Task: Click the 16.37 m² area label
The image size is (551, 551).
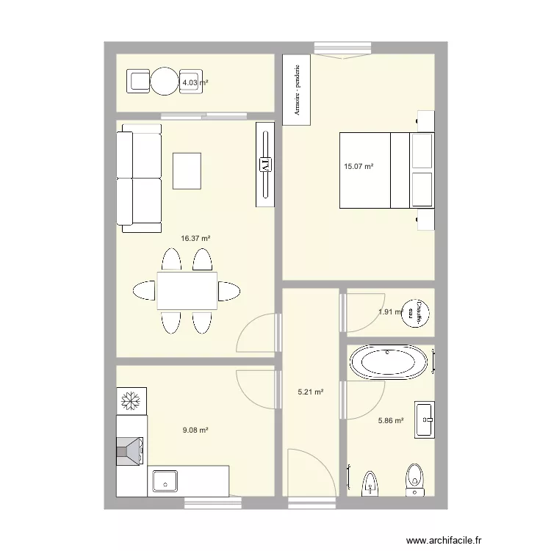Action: point(196,238)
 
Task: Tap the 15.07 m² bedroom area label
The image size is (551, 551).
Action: point(359,167)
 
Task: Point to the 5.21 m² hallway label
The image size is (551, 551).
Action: point(310,392)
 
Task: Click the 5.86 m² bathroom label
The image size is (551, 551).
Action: point(390,421)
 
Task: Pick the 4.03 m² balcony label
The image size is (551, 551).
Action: point(195,83)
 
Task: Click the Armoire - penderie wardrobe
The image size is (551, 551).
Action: point(297,90)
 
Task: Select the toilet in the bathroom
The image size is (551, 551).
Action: point(416,478)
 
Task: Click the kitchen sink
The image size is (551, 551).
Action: point(167,481)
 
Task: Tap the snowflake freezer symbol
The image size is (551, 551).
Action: point(132,400)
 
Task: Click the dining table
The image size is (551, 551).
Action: point(187,290)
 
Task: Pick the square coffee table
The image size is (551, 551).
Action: point(187,170)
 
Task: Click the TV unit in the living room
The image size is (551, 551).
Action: point(265,165)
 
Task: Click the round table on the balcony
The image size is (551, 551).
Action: point(165,82)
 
